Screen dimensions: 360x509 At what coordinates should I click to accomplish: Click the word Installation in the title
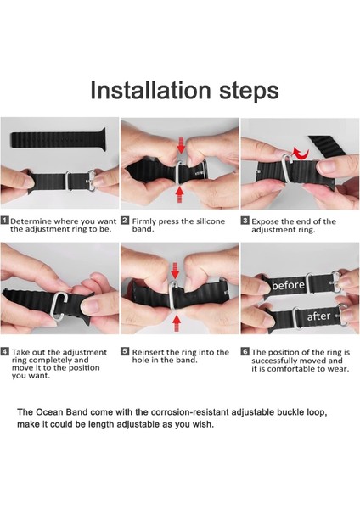(150, 90)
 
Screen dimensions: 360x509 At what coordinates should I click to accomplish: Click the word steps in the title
(249, 92)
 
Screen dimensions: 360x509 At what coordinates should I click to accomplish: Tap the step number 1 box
(5, 221)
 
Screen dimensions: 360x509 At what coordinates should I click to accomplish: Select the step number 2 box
(125, 221)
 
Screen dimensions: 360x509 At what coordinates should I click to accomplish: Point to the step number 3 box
(245, 221)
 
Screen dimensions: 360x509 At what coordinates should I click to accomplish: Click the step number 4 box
(5, 351)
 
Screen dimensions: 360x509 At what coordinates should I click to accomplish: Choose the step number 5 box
(125, 351)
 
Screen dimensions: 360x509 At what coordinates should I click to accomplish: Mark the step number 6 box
(245, 351)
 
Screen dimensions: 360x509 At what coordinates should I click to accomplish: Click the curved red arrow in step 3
(301, 154)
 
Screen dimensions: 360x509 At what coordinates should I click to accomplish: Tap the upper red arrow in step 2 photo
(182, 145)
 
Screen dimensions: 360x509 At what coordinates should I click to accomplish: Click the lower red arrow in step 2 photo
(181, 194)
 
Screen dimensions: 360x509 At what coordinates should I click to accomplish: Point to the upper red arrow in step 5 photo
(175, 271)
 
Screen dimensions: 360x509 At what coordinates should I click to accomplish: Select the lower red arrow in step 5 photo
(177, 323)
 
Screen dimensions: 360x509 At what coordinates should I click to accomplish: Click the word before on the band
(288, 285)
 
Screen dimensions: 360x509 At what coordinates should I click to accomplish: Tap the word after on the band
(318, 316)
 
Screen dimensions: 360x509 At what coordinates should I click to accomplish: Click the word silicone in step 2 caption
(210, 221)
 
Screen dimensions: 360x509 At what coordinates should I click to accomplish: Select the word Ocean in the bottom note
(50, 412)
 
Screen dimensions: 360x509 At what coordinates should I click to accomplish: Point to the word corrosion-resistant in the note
(189, 412)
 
